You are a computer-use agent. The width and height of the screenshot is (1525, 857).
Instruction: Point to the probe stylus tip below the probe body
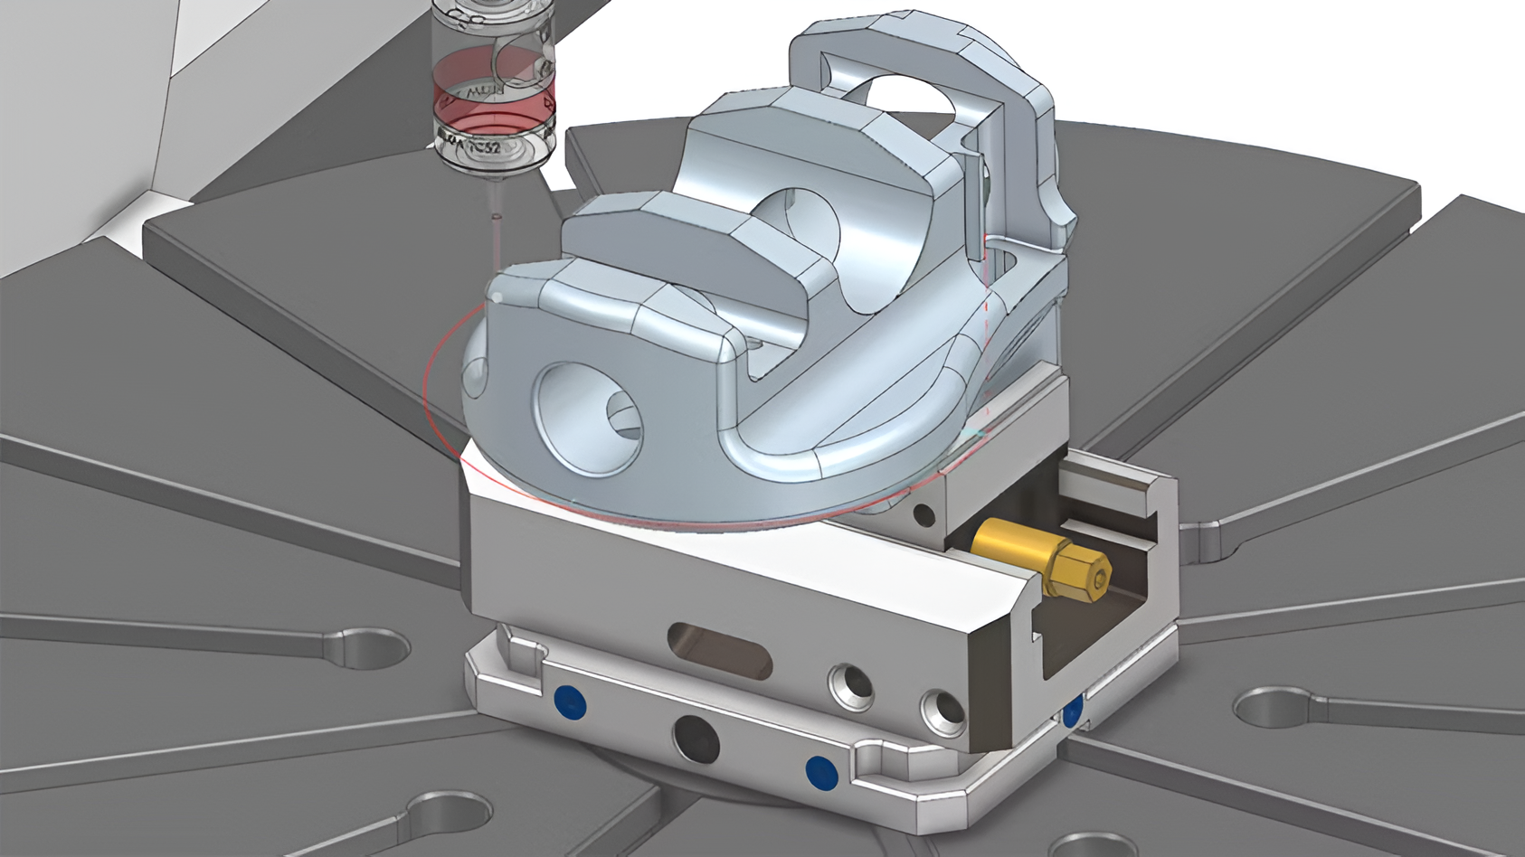pos(495,216)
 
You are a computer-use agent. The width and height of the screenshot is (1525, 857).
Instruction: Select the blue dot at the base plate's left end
pos(566,698)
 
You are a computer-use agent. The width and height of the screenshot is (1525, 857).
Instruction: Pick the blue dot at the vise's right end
pos(1073,711)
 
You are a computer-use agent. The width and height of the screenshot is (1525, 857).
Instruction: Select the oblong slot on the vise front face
pos(719,650)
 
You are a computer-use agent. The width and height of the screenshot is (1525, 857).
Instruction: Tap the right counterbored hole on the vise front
pos(942,713)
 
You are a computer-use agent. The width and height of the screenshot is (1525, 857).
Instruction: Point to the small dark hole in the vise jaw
pos(924,516)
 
